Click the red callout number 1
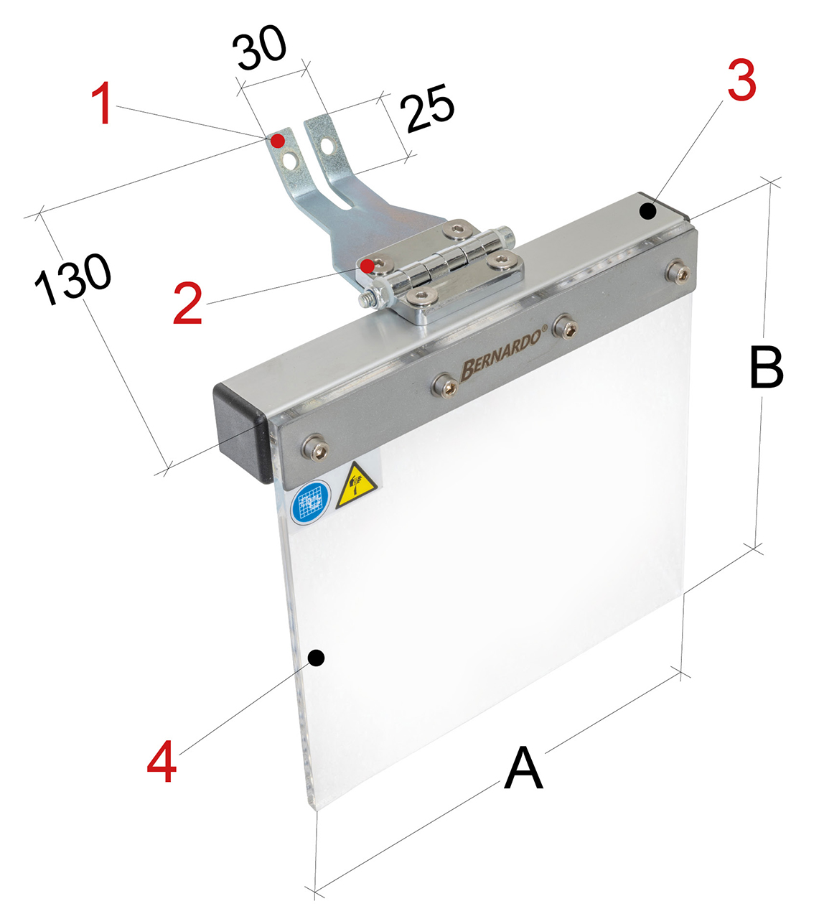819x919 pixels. [x=103, y=103]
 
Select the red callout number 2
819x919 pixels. [x=187, y=303]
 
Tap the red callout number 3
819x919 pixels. [x=741, y=80]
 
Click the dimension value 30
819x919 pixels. [x=259, y=48]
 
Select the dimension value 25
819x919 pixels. [x=427, y=108]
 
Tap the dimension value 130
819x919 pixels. [x=72, y=279]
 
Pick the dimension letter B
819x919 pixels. [x=767, y=367]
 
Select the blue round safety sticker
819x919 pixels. [x=311, y=503]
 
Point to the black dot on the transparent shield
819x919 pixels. [x=316, y=657]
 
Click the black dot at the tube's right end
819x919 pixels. [x=647, y=211]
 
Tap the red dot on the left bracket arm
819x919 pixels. [x=277, y=141]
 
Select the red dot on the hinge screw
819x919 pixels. [x=368, y=266]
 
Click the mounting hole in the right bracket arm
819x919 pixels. [x=327, y=146]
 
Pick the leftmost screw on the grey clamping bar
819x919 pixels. [x=316, y=448]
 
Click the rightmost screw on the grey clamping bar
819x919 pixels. [x=678, y=272]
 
